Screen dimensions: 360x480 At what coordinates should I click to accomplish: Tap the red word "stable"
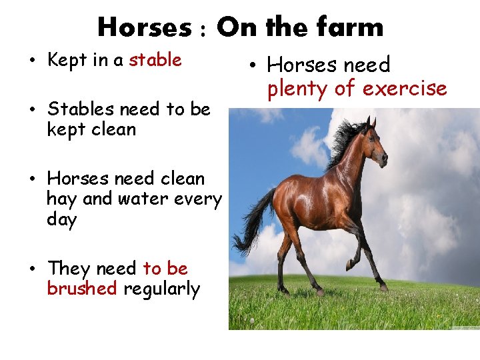coord(155,60)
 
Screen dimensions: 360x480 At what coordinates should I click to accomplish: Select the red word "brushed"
coord(82,289)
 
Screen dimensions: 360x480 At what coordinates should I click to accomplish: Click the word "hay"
coord(62,199)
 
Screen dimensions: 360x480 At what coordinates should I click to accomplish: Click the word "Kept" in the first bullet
coord(67,60)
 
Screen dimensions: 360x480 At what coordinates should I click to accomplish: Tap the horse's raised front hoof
coord(349,265)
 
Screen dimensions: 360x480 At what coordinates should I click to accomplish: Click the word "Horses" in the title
coord(144,27)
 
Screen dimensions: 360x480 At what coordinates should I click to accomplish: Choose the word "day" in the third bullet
coord(62,220)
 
